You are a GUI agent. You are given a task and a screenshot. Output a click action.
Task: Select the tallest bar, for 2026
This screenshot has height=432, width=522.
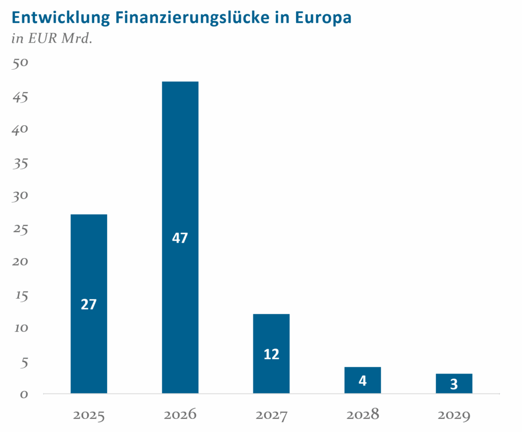(x=180, y=163)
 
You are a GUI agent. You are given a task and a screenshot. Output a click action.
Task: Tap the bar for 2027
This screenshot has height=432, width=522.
(x=271, y=331)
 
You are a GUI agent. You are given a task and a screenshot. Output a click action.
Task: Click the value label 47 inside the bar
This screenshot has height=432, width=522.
(x=180, y=238)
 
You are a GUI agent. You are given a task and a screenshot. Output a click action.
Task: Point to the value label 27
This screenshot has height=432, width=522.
(x=89, y=304)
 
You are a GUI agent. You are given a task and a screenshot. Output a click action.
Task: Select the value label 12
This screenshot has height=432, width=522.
(x=271, y=354)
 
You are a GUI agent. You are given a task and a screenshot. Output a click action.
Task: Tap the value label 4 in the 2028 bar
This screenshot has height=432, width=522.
(x=362, y=381)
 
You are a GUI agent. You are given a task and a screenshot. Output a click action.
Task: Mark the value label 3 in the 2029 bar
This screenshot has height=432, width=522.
(x=454, y=385)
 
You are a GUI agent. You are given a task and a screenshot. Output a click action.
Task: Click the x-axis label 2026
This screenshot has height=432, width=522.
(x=180, y=415)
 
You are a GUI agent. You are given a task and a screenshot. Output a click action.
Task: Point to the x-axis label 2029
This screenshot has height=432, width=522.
(x=454, y=415)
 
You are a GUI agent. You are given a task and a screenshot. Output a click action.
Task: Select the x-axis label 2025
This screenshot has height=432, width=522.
(x=89, y=415)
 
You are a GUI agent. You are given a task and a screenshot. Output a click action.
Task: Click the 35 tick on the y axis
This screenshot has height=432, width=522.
(x=21, y=163)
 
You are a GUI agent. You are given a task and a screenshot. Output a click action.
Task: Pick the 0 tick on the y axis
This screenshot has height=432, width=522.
(x=24, y=394)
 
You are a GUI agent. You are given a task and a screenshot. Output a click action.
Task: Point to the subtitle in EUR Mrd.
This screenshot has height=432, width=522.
(x=51, y=39)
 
